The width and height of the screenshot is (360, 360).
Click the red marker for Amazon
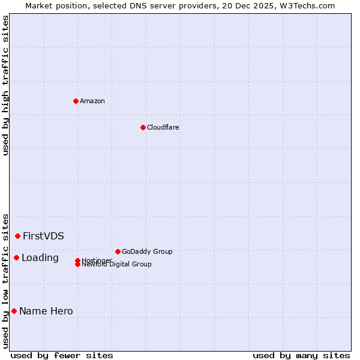(76, 101)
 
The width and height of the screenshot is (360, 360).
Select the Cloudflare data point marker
(143, 127)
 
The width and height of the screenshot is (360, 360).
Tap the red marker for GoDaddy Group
(118, 251)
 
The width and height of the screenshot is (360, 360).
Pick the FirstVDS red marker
(18, 236)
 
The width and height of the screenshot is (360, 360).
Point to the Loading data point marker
(16, 257)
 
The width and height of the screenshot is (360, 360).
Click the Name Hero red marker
(14, 311)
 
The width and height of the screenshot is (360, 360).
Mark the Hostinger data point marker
(77, 260)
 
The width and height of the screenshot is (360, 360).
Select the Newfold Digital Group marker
(77, 265)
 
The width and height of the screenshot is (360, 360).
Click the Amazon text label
(92, 101)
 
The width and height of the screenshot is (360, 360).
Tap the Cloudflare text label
(163, 127)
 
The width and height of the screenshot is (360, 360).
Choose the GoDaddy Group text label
(147, 251)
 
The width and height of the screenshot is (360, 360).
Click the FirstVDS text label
(43, 236)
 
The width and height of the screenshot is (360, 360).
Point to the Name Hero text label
(46, 311)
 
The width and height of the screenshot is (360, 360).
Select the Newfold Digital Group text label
(116, 265)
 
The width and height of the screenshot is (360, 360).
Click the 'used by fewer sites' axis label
(62, 355)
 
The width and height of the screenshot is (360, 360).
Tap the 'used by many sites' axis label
(301, 355)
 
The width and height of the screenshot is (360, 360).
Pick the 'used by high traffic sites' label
(6, 85)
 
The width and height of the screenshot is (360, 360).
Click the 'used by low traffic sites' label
(6, 280)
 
